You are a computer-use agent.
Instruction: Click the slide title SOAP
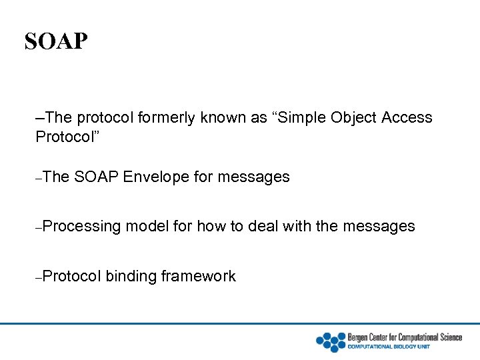[56, 41]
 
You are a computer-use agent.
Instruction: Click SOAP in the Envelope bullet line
[97, 177]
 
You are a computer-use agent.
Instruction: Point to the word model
[147, 227]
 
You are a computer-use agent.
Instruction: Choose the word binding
[131, 276]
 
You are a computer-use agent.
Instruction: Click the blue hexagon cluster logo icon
[330, 341]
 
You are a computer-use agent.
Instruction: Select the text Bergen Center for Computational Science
[405, 337]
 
